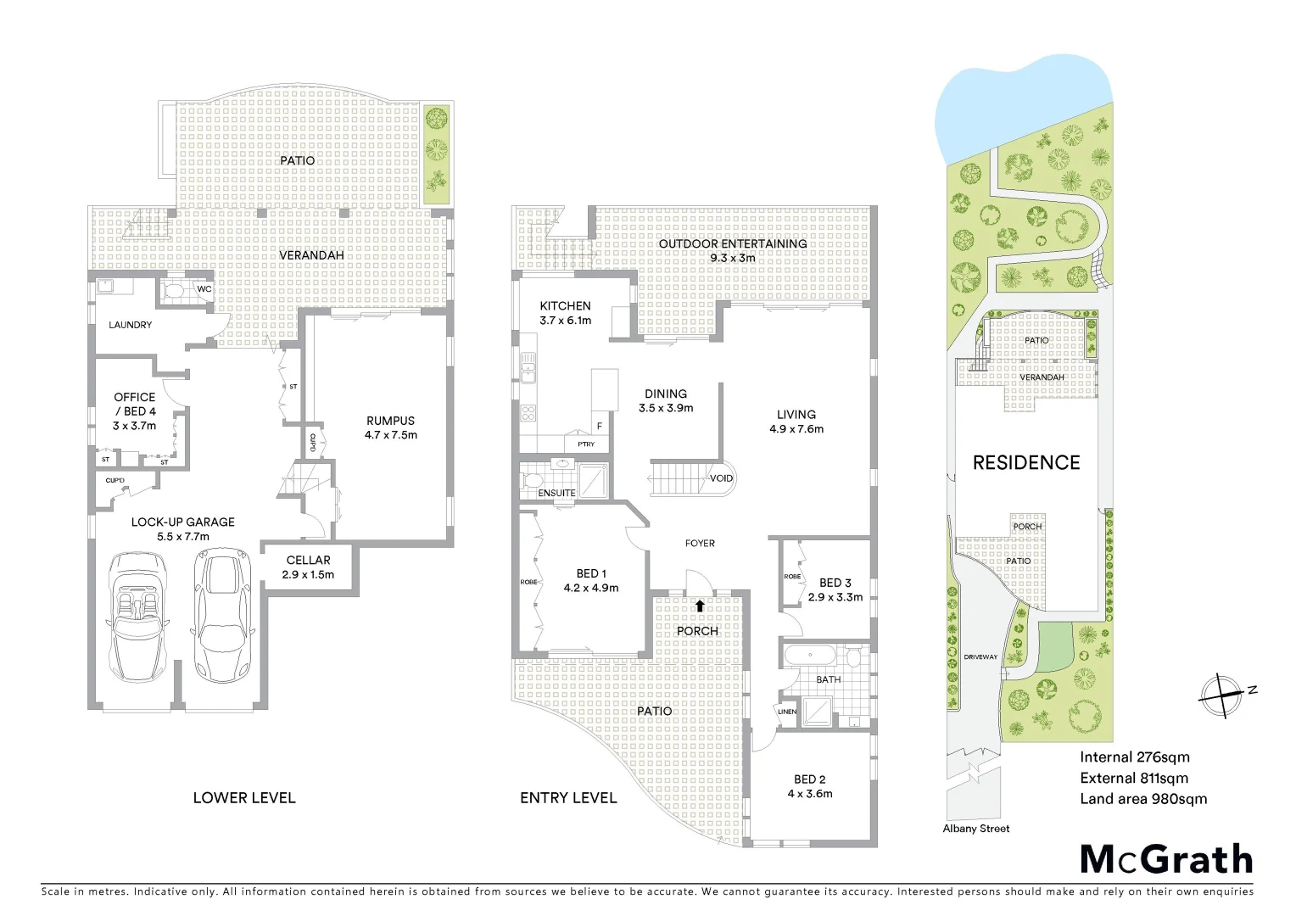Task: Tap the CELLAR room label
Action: [x=308, y=560]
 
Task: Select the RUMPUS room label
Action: [x=390, y=421]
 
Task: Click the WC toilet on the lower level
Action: [x=175, y=291]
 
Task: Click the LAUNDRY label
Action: [x=131, y=325]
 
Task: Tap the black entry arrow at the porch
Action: [x=700, y=606]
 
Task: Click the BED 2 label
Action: [x=809, y=779]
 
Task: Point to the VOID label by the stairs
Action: [x=721, y=478]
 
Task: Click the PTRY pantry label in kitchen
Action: [x=586, y=444]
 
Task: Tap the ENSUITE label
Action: [x=556, y=493]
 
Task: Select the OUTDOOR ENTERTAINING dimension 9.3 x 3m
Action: [x=732, y=258]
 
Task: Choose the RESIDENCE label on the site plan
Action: [x=1025, y=462]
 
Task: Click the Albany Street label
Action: [x=976, y=829]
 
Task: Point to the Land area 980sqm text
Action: [x=1142, y=799]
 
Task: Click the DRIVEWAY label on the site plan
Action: [x=980, y=657]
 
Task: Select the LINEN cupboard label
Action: [x=787, y=712]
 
